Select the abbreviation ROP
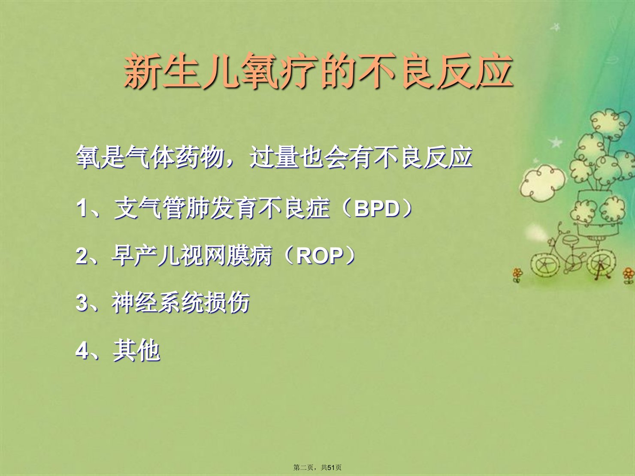point(320,256)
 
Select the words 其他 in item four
point(136,350)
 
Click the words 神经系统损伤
point(181,303)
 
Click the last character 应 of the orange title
point(494,71)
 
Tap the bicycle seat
point(570,239)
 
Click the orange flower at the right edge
point(628,275)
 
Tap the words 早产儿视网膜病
point(191,256)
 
